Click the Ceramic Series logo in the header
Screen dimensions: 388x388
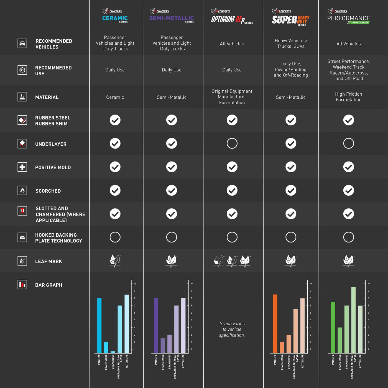[x=115, y=16]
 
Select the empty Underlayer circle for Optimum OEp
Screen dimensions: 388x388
[x=232, y=143]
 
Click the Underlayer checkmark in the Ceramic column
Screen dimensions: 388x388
[x=115, y=143]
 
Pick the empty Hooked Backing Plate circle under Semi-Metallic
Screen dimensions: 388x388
[x=172, y=237]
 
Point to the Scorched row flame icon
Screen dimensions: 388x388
[x=22, y=190]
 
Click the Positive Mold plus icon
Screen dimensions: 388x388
[x=22, y=167]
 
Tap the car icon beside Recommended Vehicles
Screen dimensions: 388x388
[x=22, y=44]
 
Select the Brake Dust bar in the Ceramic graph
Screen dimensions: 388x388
[x=113, y=352]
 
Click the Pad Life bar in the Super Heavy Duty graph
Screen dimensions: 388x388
[x=275, y=324]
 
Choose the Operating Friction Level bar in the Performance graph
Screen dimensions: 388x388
[x=353, y=320]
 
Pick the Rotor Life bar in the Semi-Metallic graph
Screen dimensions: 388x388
[x=183, y=326]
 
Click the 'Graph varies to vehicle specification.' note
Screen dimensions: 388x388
[x=232, y=329]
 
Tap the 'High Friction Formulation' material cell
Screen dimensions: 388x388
[x=349, y=97]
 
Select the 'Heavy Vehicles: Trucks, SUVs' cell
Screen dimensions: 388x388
[x=291, y=44]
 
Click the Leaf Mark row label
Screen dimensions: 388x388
[x=48, y=261]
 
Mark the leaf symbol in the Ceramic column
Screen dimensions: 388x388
[x=115, y=260]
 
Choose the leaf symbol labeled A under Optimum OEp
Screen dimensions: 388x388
[x=218, y=261]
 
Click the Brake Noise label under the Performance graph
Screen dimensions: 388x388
[x=340, y=362]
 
